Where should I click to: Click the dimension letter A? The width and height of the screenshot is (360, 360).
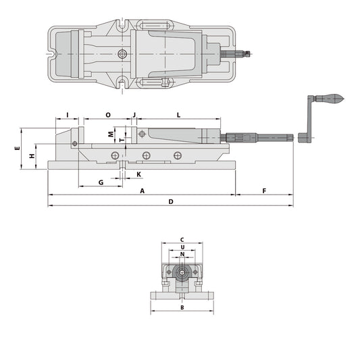pos(142,191)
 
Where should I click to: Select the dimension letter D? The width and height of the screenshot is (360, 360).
pos(171,201)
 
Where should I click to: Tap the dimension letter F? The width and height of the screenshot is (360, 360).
pos(263,191)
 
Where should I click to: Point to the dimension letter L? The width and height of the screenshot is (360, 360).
pos(178,115)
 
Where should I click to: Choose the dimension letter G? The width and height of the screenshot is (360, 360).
pos(100,182)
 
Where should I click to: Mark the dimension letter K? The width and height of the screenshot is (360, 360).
pos(138,174)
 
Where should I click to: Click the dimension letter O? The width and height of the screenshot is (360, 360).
pos(108,115)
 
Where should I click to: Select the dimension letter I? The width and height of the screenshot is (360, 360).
pos(68,115)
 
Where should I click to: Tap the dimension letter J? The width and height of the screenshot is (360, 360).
pos(134,115)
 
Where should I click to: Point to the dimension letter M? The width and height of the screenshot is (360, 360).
pos(111,134)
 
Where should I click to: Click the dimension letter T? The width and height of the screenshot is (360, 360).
pos(121,140)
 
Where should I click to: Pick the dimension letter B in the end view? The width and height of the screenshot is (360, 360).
pos(182,307)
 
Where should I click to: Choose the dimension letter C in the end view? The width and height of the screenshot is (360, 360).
pos(182,240)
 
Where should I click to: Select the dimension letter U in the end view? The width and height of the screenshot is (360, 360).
pos(182,247)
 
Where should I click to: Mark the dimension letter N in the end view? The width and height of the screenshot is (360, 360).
pos(182,255)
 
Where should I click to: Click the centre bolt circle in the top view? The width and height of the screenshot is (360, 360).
pos(122,53)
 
